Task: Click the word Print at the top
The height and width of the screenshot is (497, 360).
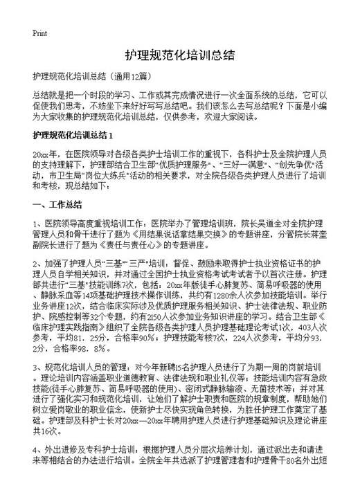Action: pos(39,32)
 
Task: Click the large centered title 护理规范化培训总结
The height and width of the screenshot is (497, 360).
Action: pos(179,55)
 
